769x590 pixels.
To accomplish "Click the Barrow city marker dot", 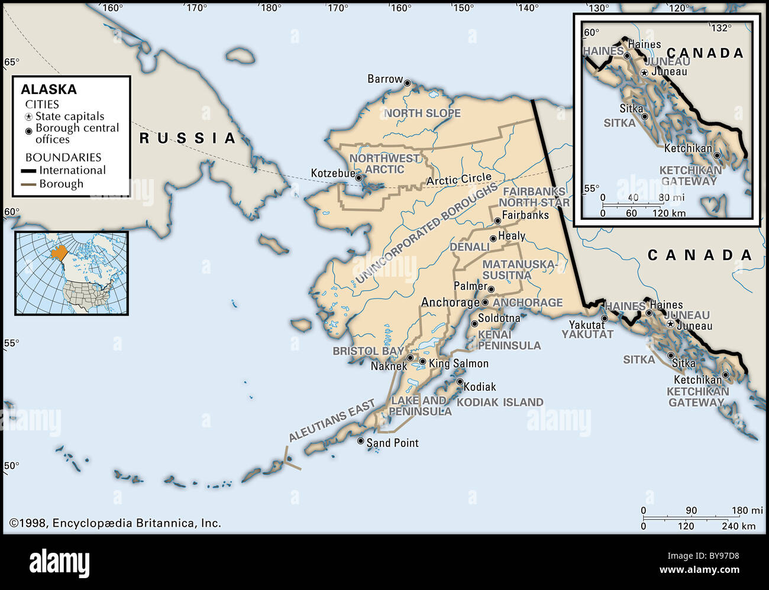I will point(407,83).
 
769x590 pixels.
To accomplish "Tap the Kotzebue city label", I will point(333,174).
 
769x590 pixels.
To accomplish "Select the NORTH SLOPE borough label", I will point(422,113).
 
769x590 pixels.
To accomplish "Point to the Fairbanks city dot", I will point(497,221).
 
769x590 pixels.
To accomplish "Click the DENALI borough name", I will point(469,247).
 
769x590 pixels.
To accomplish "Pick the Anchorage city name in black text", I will point(450,303).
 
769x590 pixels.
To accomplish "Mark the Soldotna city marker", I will point(474,323).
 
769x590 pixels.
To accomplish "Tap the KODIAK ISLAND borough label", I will point(500,402).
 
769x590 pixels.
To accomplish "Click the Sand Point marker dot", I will point(361,441).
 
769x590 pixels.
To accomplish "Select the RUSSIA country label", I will point(188,138).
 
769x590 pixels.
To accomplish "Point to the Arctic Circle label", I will point(459,179).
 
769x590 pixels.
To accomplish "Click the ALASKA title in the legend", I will point(49,89).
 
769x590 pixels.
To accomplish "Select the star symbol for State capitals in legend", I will point(28,117).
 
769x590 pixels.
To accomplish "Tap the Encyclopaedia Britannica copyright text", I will point(115,523).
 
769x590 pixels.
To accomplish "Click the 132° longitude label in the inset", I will point(720,28).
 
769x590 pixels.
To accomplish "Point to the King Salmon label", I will point(458,364).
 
